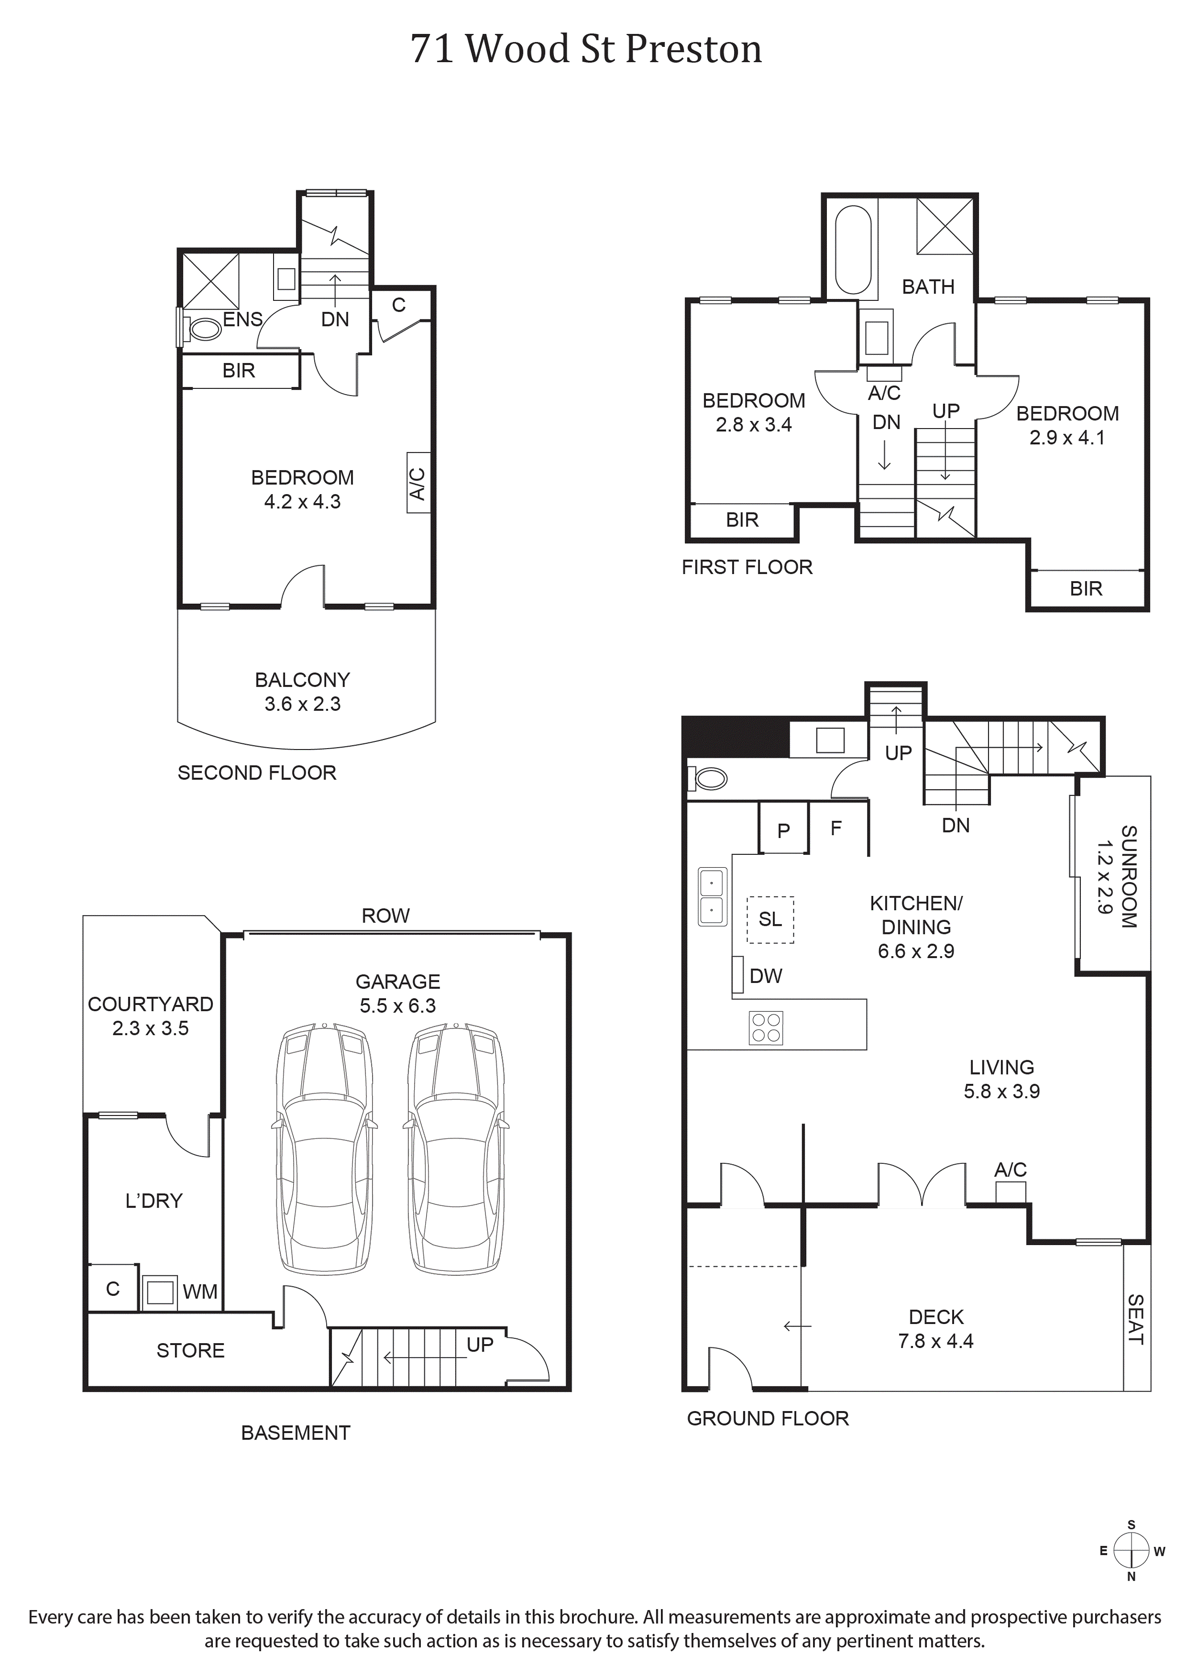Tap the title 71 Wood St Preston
click(586, 49)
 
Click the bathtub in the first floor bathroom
click(852, 250)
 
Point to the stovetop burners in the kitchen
click(766, 1027)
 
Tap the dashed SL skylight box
click(770, 920)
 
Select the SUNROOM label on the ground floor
click(1129, 877)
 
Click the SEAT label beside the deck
click(1135, 1319)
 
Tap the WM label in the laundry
click(199, 1292)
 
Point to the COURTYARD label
click(150, 1004)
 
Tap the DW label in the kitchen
click(766, 975)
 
